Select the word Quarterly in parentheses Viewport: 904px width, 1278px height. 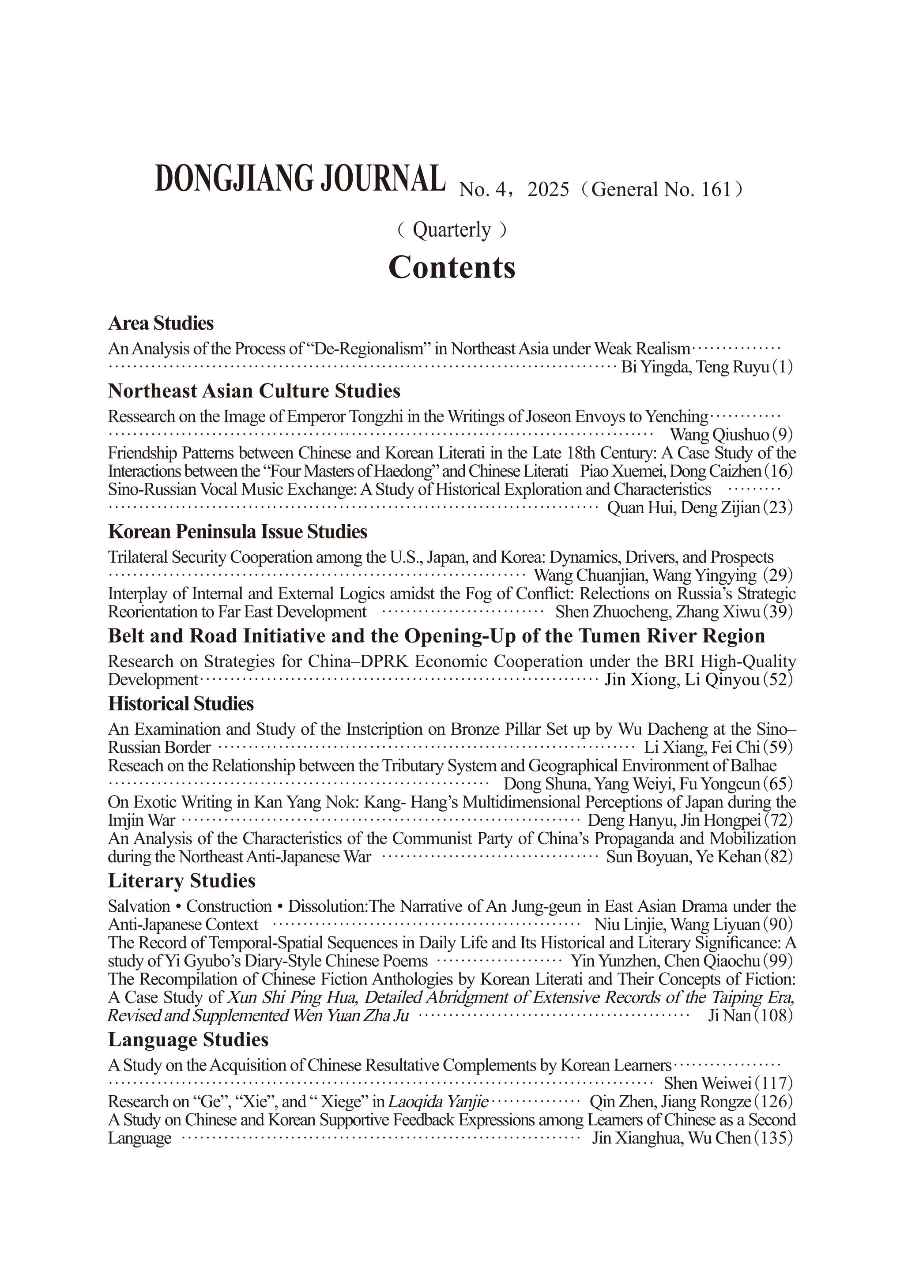click(452, 230)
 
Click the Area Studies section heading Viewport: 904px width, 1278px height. click(161, 323)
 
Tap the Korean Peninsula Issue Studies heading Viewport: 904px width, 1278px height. click(237, 532)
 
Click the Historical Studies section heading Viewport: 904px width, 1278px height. click(181, 703)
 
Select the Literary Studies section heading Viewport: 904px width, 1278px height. click(181, 880)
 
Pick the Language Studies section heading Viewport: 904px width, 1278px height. click(188, 1039)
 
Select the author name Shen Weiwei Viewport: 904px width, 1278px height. click(708, 1083)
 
